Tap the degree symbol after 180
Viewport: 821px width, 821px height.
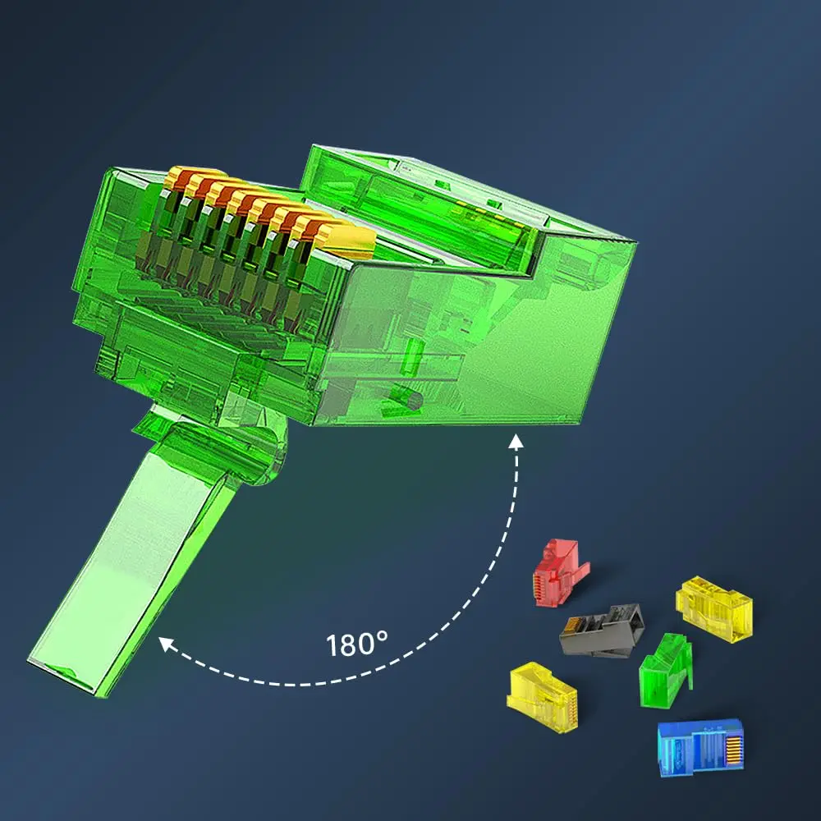(x=382, y=637)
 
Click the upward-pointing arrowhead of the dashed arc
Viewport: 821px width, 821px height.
(x=516, y=442)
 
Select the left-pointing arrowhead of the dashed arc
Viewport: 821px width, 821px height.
(x=166, y=643)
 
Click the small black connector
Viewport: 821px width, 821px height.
(x=602, y=631)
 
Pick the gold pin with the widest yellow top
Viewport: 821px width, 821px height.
(x=345, y=239)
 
